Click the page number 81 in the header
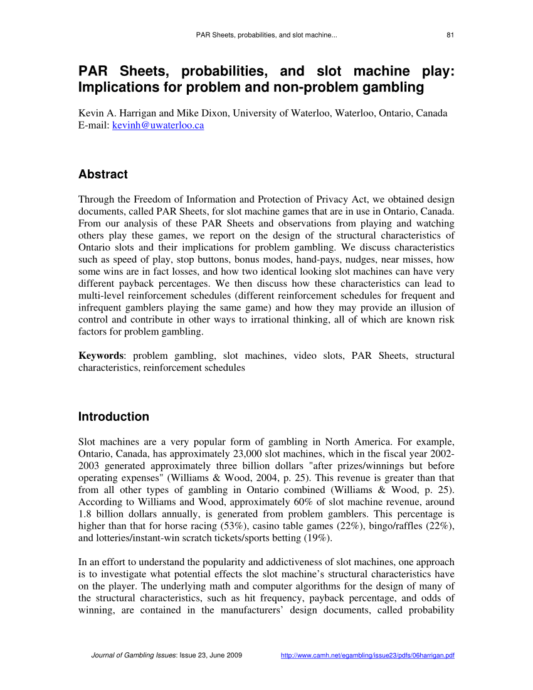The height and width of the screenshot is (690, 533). pyautogui.click(x=450, y=35)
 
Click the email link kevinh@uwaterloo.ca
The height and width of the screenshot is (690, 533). pyautogui.click(x=157, y=125)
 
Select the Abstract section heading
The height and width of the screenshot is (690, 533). pyautogui.click(x=103, y=174)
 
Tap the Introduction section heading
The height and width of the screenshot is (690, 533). pyautogui.click(x=113, y=417)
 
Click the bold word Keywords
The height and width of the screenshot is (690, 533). pyautogui.click(x=100, y=356)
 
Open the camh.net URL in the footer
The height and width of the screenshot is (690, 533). pyautogui.click(x=367, y=655)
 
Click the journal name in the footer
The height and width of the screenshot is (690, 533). pyautogui.click(x=134, y=655)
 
